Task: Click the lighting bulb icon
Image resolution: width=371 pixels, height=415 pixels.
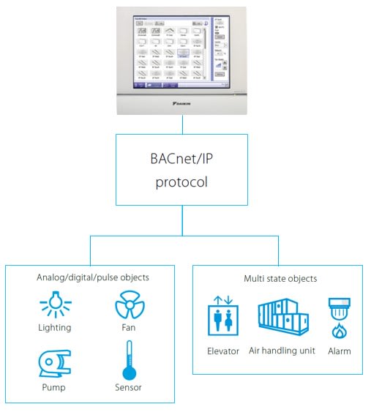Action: pyautogui.click(x=54, y=304)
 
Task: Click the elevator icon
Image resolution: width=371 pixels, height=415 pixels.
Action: pyautogui.click(x=222, y=316)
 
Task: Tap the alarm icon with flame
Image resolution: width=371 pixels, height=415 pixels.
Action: pyautogui.click(x=339, y=316)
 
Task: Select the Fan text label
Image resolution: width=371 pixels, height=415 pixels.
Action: pyautogui.click(x=128, y=328)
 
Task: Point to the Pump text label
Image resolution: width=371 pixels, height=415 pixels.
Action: pyautogui.click(x=53, y=388)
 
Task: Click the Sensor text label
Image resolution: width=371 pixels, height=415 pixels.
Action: pyautogui.click(x=129, y=388)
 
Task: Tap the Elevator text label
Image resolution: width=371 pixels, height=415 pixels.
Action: pyautogui.click(x=222, y=351)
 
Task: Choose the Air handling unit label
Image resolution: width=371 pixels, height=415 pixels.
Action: pyautogui.click(x=282, y=351)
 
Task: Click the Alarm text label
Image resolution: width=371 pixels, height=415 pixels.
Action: pyautogui.click(x=339, y=351)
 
